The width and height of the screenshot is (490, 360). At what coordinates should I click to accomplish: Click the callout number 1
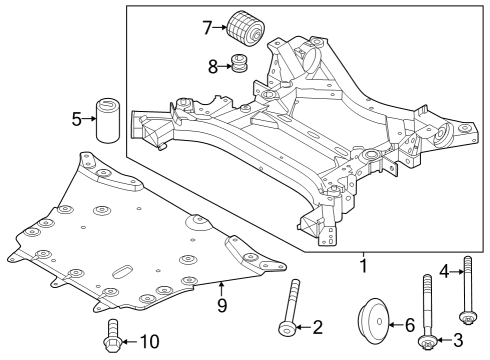(x=363, y=267)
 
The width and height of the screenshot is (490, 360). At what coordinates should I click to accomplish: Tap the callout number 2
(x=318, y=326)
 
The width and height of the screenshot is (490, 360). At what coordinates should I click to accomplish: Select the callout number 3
(x=458, y=340)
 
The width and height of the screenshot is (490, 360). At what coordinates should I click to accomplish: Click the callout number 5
(x=77, y=120)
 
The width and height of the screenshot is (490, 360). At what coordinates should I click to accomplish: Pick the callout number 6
(x=408, y=324)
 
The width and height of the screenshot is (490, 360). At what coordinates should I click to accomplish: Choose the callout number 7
(x=207, y=27)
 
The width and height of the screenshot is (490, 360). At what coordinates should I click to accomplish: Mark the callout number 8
(x=211, y=67)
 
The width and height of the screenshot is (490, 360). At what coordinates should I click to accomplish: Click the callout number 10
(x=149, y=341)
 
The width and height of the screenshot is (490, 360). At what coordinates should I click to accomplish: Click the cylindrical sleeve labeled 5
(x=108, y=123)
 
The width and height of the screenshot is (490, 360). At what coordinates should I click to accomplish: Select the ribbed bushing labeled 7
(x=244, y=27)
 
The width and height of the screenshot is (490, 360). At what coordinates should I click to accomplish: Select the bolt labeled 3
(x=428, y=320)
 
